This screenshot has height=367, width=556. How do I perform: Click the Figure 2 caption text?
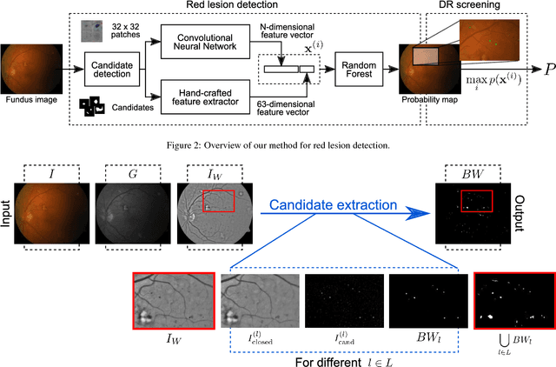pyautogui.click(x=277, y=143)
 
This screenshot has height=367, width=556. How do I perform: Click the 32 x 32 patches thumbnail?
pyautogui.click(x=89, y=32)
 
